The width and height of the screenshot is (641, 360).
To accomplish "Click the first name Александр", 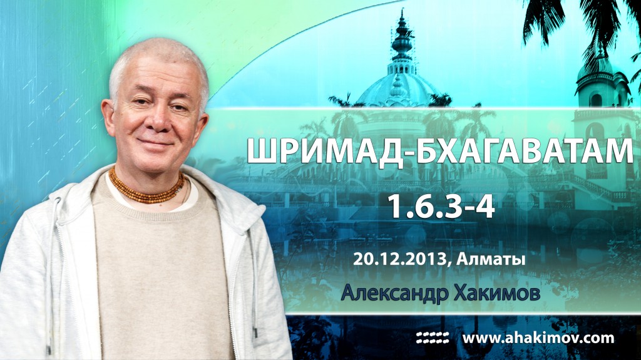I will pos(393,294).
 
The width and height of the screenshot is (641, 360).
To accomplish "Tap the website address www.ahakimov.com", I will pos(538,338).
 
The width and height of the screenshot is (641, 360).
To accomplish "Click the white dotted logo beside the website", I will pos(433,338).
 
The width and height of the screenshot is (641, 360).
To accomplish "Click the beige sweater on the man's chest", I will pos(156,263).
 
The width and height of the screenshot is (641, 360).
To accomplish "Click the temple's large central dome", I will pos(401,88).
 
